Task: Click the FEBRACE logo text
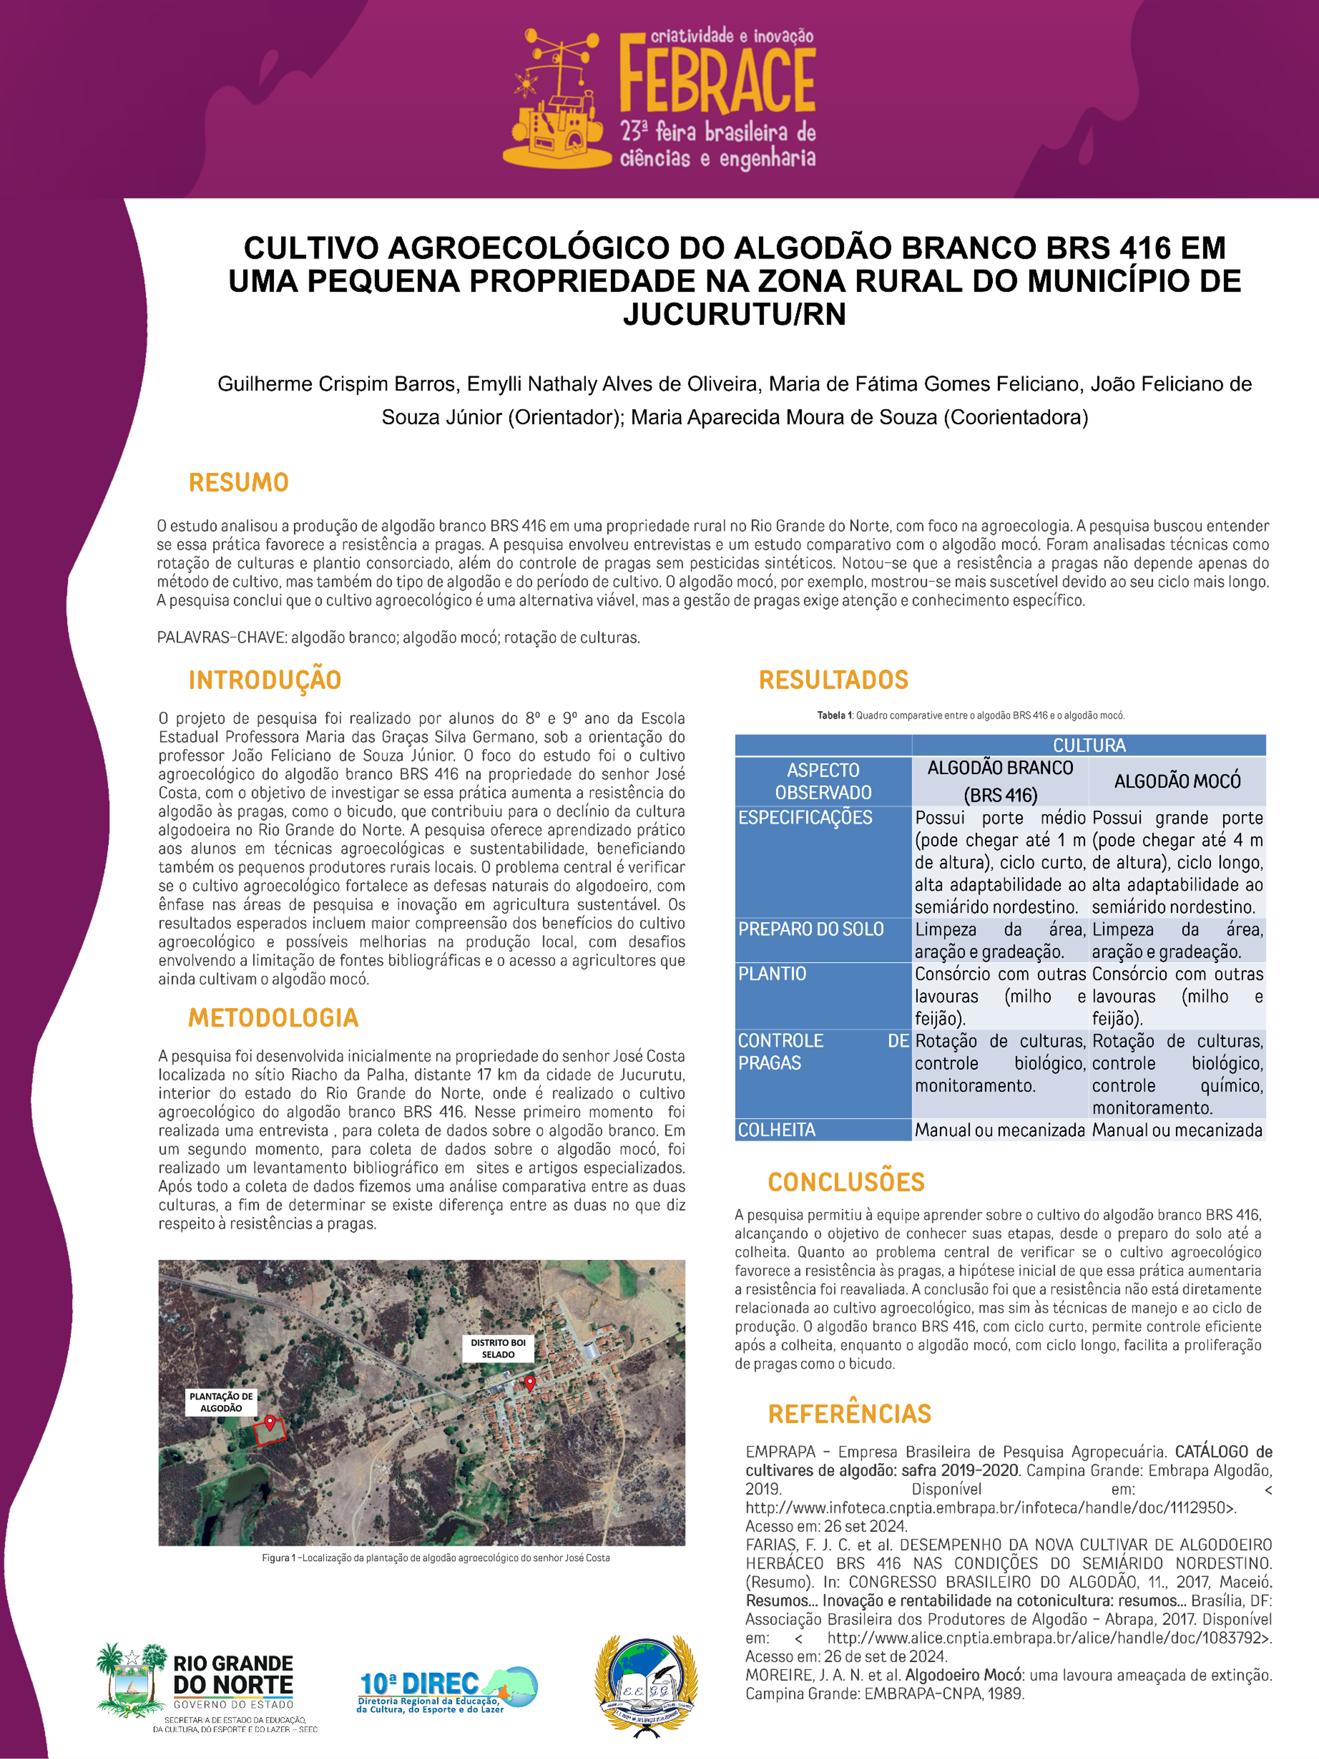(717, 79)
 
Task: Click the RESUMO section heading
(238, 483)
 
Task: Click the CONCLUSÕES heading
(846, 1183)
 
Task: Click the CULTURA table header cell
(1088, 745)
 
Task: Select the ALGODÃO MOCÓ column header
(1177, 782)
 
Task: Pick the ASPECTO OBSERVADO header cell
(823, 782)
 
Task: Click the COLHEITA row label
(777, 1130)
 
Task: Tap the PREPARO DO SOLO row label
(811, 929)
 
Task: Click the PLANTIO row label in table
(772, 974)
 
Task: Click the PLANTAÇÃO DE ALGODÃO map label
(221, 1402)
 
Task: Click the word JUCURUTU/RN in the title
(734, 315)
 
